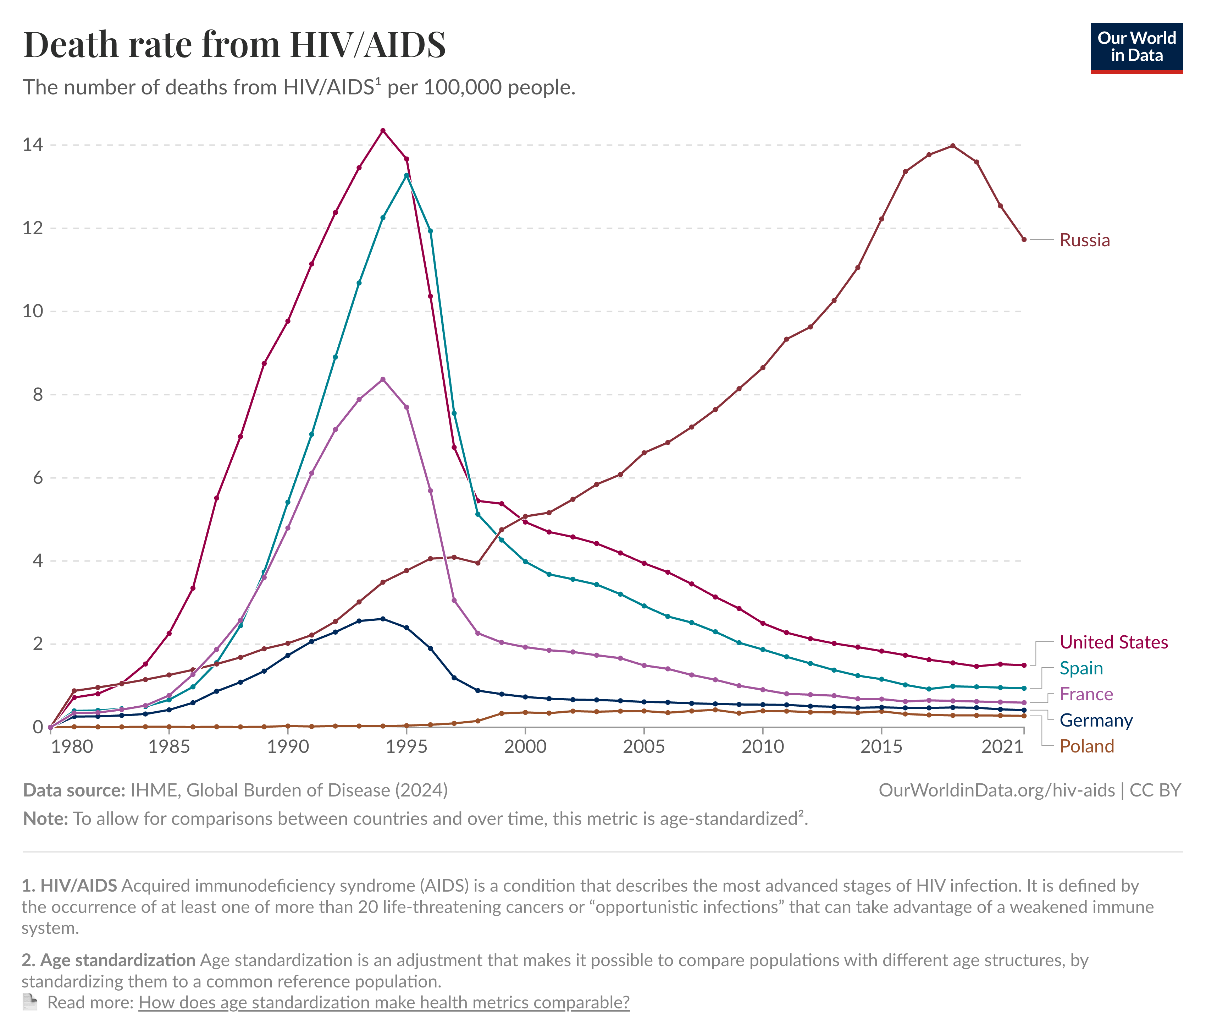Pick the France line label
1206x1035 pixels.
(1086, 694)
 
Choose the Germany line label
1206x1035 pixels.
(1096, 721)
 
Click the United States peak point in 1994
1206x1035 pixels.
(382, 131)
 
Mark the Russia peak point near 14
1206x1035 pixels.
(953, 146)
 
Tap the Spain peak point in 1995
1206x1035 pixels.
(406, 175)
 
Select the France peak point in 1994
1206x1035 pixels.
(382, 379)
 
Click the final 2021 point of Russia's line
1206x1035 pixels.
(1024, 239)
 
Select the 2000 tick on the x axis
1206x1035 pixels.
(525, 747)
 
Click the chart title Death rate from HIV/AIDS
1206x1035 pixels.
(234, 44)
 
